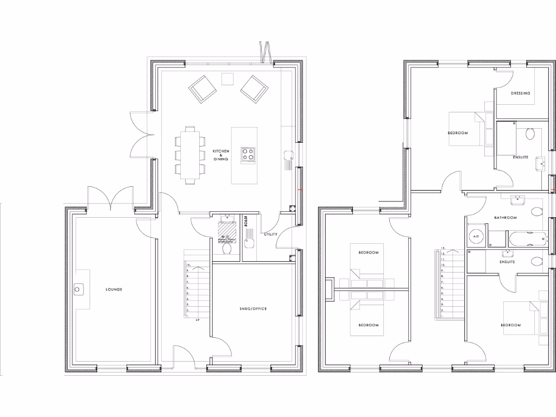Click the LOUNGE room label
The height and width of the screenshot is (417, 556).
[x=113, y=289]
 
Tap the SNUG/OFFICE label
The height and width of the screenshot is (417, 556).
[x=253, y=309]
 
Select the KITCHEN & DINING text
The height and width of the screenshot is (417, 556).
[x=221, y=155]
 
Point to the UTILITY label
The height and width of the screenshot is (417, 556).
[x=270, y=235]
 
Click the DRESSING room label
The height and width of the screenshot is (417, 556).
[x=521, y=93]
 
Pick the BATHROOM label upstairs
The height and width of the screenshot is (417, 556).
[x=505, y=218]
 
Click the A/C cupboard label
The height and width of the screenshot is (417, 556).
[x=476, y=237]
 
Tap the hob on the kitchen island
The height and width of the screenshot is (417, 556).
[x=249, y=154]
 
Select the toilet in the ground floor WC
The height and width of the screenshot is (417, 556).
[x=227, y=249]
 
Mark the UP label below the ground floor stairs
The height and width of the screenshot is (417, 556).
[x=198, y=320]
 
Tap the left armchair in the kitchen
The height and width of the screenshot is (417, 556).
[x=201, y=88]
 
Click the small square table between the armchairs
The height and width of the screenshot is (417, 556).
[x=227, y=79]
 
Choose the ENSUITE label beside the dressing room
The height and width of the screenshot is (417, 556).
[x=521, y=157]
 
